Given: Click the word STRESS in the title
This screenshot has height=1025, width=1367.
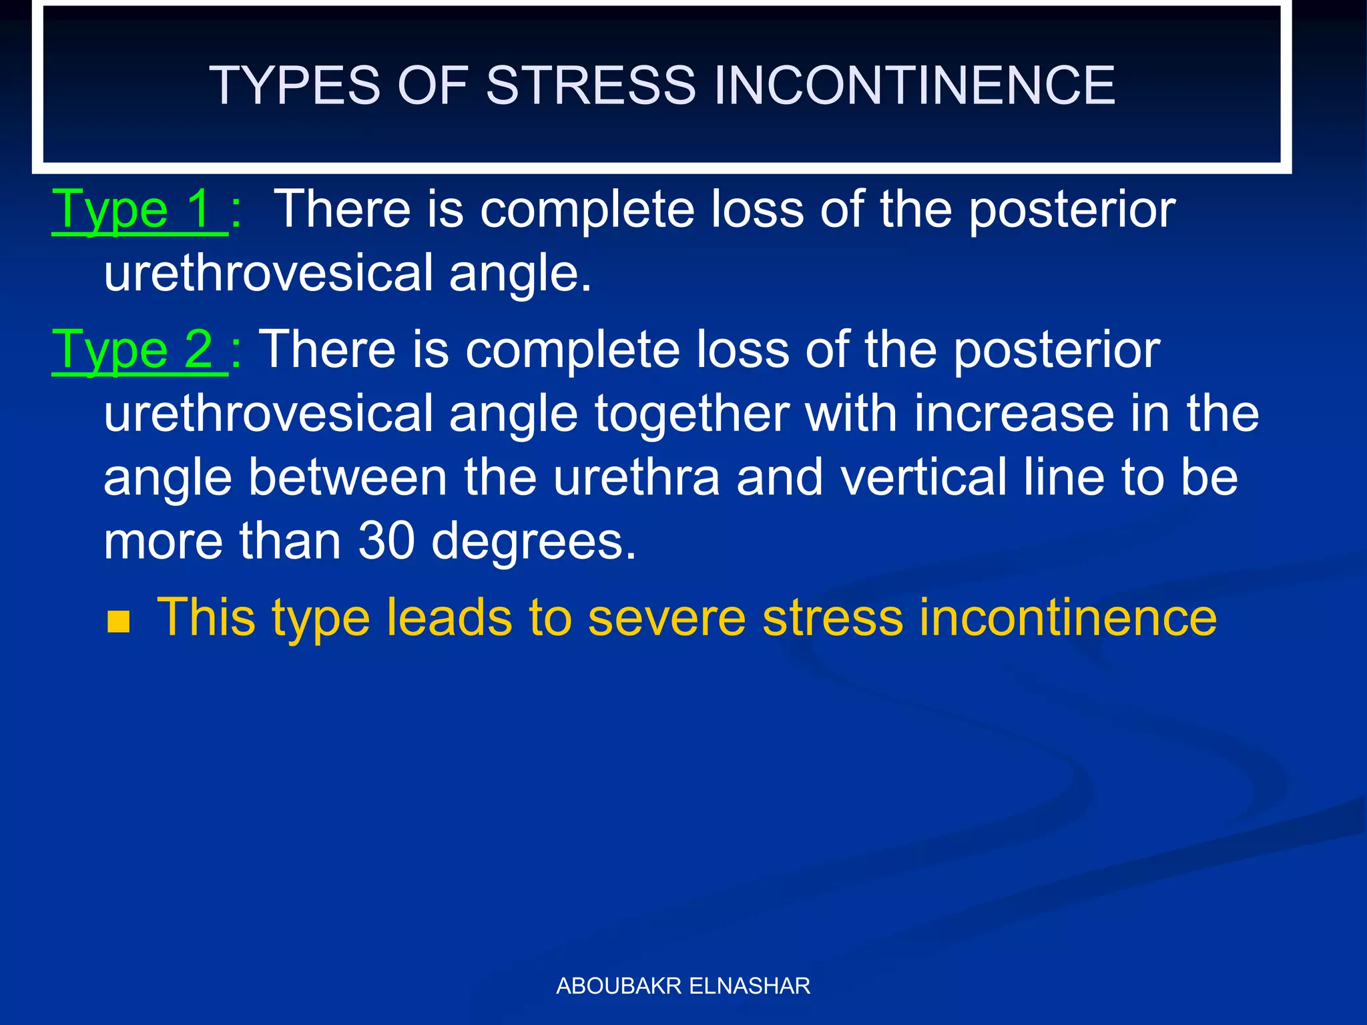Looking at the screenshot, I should [591, 85].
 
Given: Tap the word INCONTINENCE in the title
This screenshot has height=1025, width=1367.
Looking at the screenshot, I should [914, 85].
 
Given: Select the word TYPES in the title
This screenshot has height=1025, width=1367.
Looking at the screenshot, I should [294, 85].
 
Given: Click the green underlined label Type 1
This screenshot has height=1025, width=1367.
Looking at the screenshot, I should [138, 210].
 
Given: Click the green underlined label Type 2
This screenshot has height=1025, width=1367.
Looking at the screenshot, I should [138, 350].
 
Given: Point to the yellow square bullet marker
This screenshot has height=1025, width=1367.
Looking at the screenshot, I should [118, 621].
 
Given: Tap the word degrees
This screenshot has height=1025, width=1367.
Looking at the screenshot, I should [534, 542].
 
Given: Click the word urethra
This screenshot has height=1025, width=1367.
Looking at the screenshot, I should [637, 477].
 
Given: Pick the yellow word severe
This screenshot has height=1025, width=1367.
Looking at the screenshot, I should [667, 617].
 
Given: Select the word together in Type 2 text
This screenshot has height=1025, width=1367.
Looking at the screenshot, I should [692, 414].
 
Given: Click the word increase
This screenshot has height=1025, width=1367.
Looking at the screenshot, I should [1014, 414].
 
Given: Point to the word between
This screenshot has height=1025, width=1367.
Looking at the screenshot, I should [347, 477].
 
